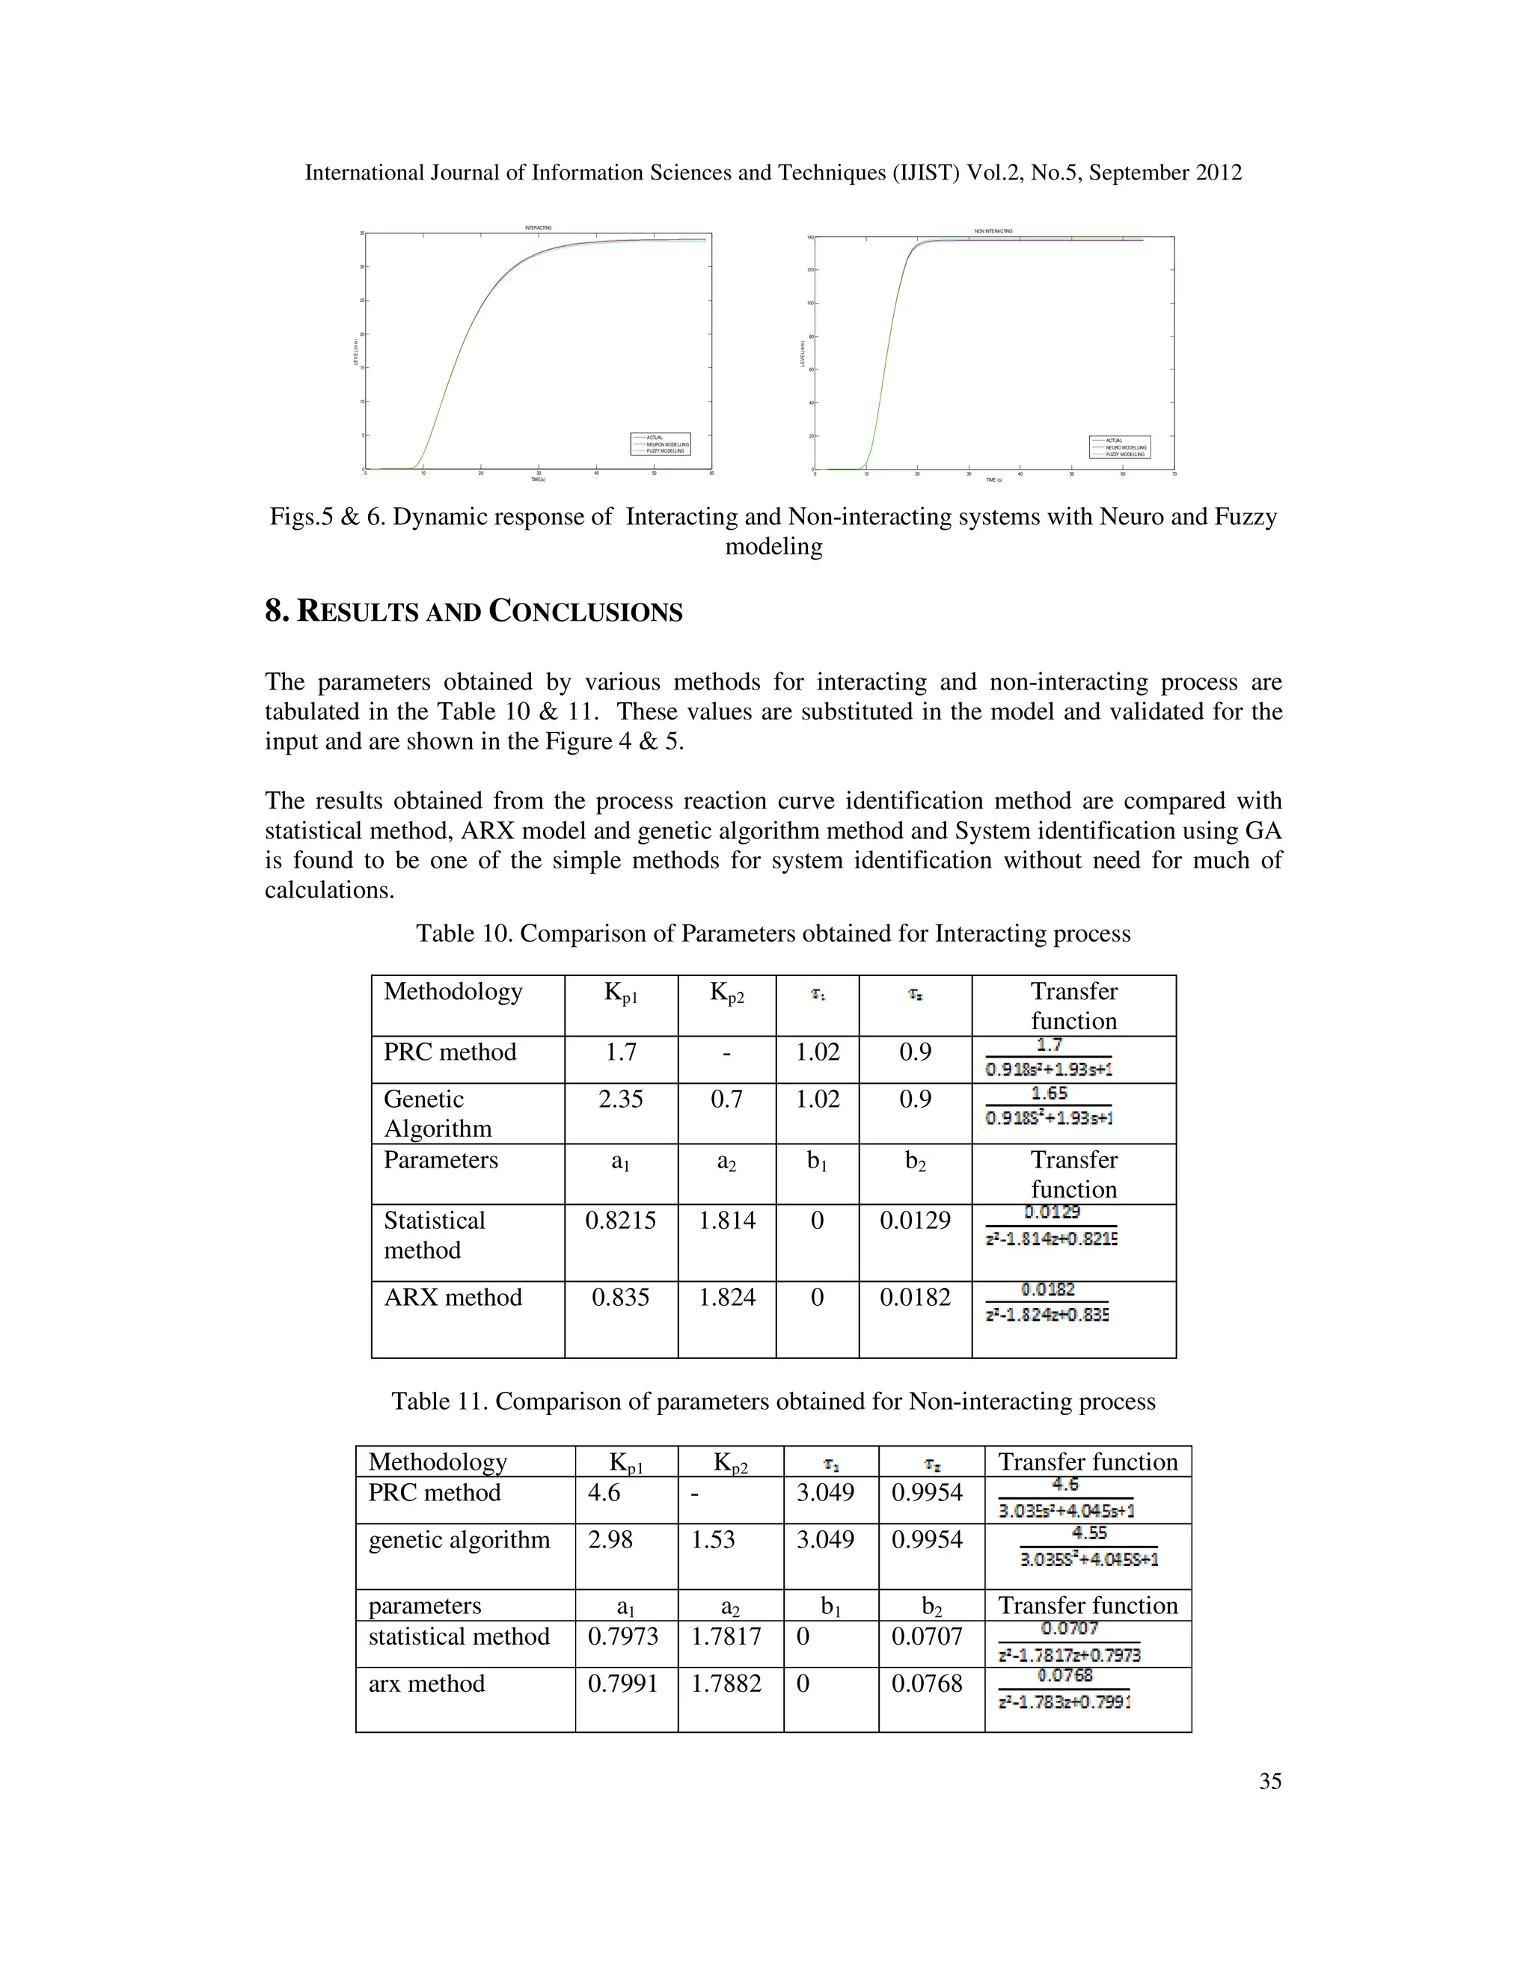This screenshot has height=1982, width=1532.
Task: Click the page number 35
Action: tap(1269, 1781)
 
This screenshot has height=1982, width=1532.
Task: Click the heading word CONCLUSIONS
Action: tap(586, 612)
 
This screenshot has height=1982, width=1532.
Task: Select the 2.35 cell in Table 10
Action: tap(621, 1099)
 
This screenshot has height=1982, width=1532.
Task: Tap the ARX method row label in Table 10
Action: tap(453, 1297)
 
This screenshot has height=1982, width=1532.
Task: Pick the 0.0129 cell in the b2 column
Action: tap(915, 1220)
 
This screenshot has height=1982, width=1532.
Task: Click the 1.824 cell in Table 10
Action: tap(726, 1297)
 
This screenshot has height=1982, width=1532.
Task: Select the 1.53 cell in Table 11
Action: tap(714, 1539)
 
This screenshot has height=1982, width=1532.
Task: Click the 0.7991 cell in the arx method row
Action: tap(622, 1684)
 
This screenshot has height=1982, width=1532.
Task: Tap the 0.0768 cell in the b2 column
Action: tap(927, 1684)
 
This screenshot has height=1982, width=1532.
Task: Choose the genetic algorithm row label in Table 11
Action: tap(459, 1539)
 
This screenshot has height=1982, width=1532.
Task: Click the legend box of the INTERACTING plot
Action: tap(661, 444)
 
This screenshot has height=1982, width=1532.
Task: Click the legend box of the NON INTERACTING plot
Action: tap(1120, 447)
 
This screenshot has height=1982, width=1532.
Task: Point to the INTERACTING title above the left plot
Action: tap(538, 228)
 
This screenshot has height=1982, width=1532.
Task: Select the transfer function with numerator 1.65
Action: tap(1050, 1106)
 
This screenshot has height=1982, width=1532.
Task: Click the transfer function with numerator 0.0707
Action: tap(1069, 1642)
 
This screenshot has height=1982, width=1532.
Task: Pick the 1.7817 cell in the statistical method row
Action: tap(726, 1636)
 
